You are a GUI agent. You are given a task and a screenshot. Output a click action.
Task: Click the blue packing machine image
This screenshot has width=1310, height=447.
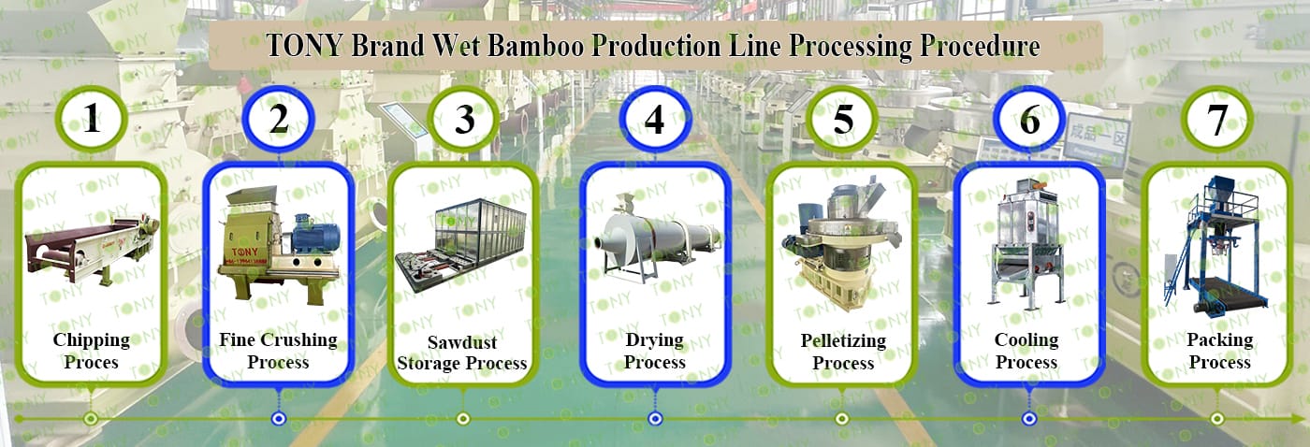pyautogui.click(x=1216, y=245)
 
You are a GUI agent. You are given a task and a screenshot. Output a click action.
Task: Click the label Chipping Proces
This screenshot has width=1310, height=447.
pyautogui.click(x=91, y=351)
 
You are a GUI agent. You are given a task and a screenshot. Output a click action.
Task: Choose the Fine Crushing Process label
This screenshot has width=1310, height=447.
pyautogui.click(x=278, y=351)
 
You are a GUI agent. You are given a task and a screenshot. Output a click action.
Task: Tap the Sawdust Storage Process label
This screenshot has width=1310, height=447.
pyautogui.click(x=462, y=353)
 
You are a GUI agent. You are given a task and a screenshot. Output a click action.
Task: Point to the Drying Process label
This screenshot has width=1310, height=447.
pyautogui.click(x=655, y=351)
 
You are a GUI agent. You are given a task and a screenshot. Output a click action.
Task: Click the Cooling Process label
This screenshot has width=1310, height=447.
pyautogui.click(x=1026, y=351)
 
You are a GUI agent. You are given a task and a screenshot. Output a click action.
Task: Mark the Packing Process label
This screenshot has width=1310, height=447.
pyautogui.click(x=1219, y=351)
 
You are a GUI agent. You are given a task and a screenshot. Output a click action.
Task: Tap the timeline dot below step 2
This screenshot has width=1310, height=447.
pyautogui.click(x=278, y=418)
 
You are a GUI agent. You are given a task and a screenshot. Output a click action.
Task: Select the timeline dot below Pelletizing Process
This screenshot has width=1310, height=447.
pyautogui.click(x=841, y=418)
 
